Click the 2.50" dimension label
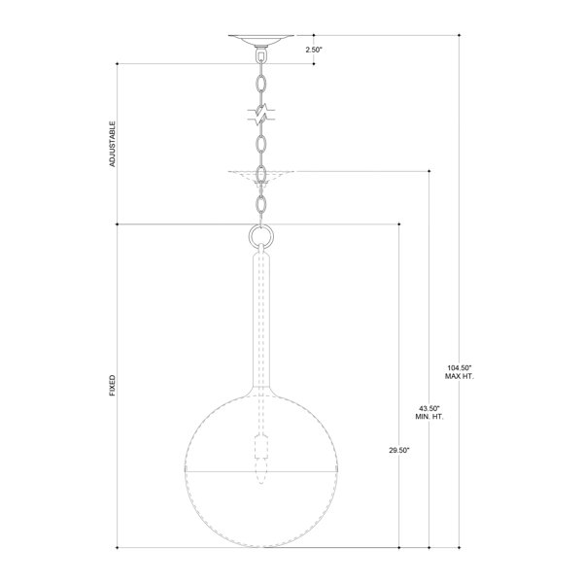tap(314, 50)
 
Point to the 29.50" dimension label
tap(399, 450)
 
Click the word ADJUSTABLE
tap(113, 144)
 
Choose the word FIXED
tap(113, 385)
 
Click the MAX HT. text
tap(460, 376)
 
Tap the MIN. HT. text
tap(429, 417)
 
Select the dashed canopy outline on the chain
tap(261, 176)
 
